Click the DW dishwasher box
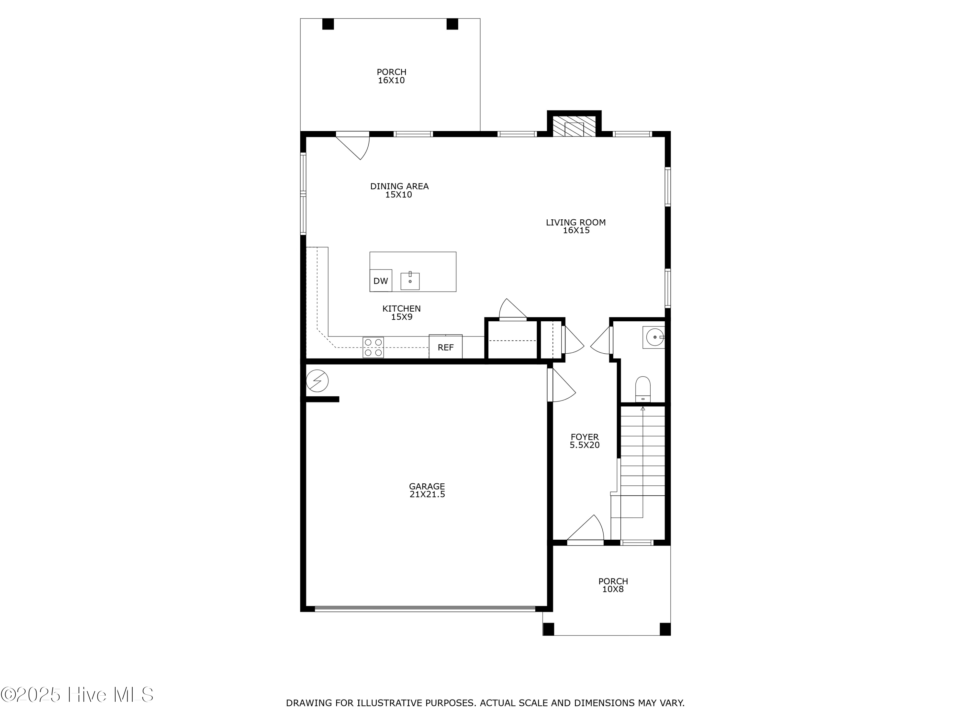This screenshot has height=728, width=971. click(x=381, y=281)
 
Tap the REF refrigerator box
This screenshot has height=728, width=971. click(x=446, y=347)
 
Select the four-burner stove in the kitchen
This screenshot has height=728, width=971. click(x=373, y=347)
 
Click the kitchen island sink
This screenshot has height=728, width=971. click(x=410, y=281)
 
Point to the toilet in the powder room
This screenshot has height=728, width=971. click(x=643, y=388)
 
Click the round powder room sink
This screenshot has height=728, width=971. click(x=654, y=337)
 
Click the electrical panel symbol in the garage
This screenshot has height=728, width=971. click(x=317, y=381)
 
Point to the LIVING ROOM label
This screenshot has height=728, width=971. click(x=575, y=223)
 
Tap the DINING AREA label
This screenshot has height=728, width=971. click(x=399, y=186)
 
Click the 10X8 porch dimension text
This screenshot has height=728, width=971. click(x=612, y=589)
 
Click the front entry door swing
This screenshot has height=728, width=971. click(x=587, y=530)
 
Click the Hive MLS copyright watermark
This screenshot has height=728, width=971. click(x=77, y=695)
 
